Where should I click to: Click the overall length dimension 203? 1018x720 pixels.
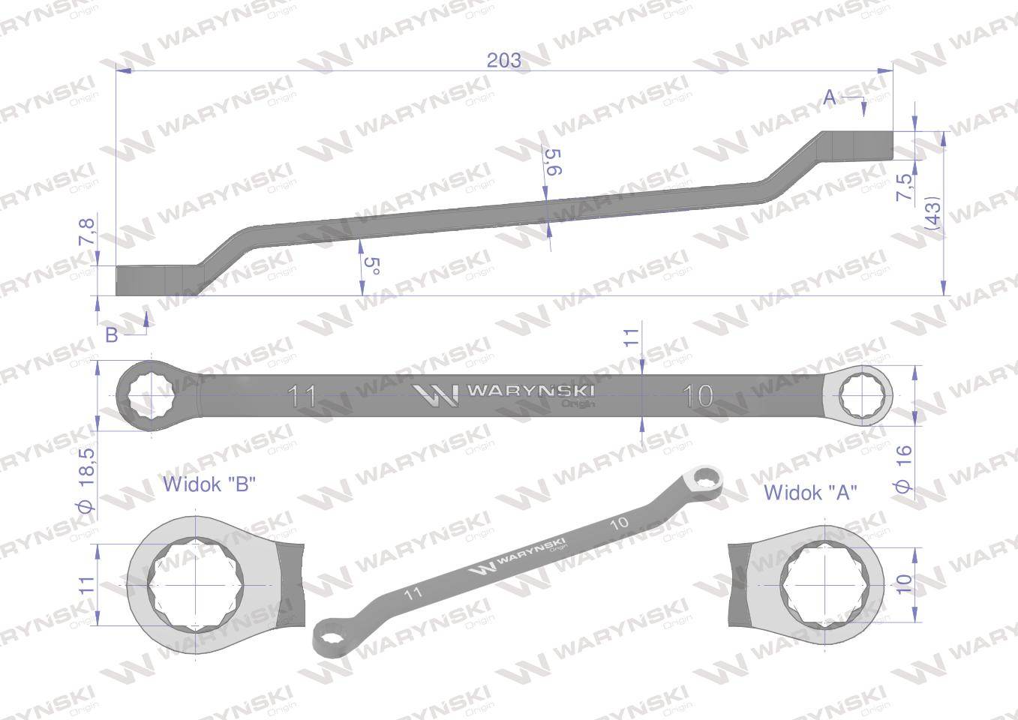(x=503, y=60)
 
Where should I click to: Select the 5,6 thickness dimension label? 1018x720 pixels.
(x=553, y=162)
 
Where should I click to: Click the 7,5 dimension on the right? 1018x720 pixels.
(x=905, y=187)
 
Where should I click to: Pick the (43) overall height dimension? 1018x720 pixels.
(x=932, y=213)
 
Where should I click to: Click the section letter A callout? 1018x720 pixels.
(x=829, y=97)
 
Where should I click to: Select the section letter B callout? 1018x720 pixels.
(x=111, y=335)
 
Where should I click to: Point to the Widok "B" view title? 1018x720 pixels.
(x=209, y=484)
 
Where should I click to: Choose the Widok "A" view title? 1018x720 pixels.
(x=810, y=493)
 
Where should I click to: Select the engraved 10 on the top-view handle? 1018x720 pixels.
(x=698, y=395)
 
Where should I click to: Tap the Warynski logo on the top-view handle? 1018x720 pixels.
(x=504, y=394)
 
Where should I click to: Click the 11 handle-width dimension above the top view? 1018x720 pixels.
(x=632, y=336)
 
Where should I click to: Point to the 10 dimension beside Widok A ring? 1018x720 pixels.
(x=904, y=583)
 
